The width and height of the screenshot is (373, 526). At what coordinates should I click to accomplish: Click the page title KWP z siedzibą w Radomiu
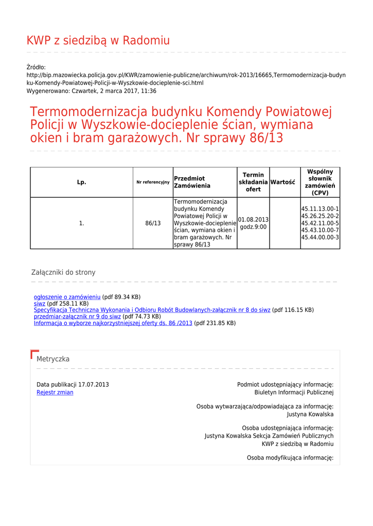[98, 41]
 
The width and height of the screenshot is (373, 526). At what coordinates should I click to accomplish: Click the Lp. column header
[81, 182]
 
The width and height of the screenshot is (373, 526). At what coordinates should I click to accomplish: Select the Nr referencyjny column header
[153, 182]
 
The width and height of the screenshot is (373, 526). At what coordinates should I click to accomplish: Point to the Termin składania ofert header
[253, 182]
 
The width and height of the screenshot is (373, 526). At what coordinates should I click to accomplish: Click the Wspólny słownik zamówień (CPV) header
[320, 182]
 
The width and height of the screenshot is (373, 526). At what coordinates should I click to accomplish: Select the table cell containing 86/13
[153, 223]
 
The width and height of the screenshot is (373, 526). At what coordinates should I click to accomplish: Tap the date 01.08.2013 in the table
[253, 220]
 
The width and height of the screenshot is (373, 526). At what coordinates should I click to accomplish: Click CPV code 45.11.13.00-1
[320, 209]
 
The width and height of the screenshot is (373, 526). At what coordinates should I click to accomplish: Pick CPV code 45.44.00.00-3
[320, 238]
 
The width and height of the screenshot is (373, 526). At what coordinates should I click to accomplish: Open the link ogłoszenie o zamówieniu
[67, 297]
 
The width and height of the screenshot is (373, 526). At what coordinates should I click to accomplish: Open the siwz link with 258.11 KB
[40, 304]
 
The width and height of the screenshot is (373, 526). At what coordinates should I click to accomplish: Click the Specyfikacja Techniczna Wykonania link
[152, 310]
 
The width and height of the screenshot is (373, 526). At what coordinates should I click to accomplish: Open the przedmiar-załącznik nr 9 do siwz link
[77, 317]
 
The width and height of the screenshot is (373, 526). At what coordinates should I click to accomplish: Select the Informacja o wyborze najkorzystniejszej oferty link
[113, 324]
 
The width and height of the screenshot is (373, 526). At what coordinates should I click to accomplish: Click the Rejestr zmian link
[55, 392]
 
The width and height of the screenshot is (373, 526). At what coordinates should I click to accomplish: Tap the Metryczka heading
[53, 359]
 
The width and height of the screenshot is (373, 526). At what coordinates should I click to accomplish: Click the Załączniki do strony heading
[63, 272]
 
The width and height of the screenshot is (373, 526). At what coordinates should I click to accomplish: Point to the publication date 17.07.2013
[94, 385]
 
